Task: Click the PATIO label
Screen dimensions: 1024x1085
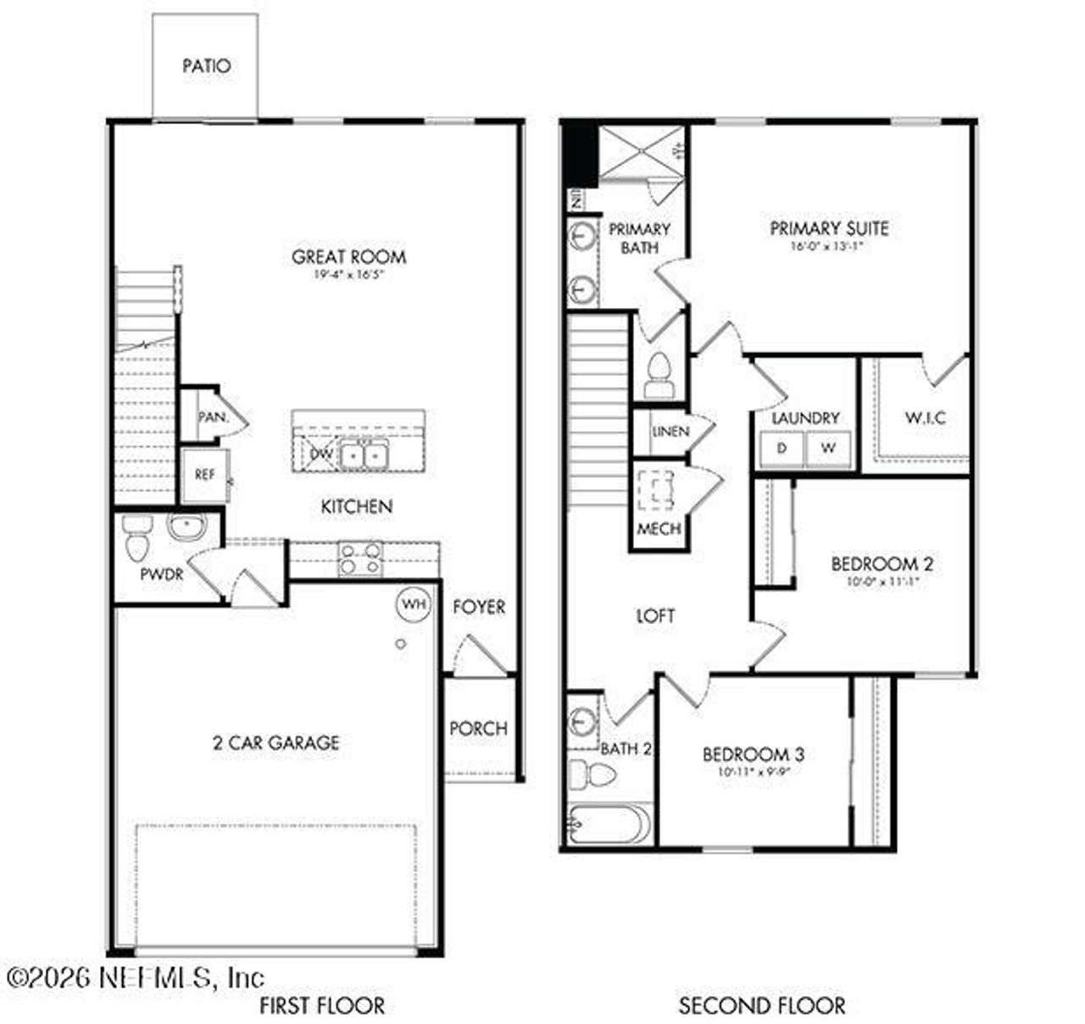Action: coord(206,66)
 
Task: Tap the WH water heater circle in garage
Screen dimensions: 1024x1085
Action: coord(413,604)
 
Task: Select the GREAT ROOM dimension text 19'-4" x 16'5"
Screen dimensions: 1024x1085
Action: coord(348,275)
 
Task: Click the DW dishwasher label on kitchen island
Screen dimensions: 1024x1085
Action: coord(321,454)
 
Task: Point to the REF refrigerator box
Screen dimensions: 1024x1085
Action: coord(204,475)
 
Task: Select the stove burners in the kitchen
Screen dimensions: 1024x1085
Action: coord(360,559)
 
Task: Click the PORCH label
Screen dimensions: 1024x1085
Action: coord(478,728)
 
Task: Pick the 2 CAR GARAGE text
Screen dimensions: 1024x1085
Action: coord(275,743)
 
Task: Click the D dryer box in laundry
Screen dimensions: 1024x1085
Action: coord(782,449)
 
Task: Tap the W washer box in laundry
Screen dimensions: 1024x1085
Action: coord(828,449)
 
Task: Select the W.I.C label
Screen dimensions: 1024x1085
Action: coord(925,418)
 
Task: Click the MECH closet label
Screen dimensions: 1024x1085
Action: coord(659,529)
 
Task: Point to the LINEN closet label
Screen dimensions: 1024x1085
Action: coord(670,431)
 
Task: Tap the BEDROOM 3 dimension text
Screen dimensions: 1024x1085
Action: coord(754,773)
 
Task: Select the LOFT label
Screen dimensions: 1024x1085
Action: coord(655,616)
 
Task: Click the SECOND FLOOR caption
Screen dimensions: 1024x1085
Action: coord(761,1006)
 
